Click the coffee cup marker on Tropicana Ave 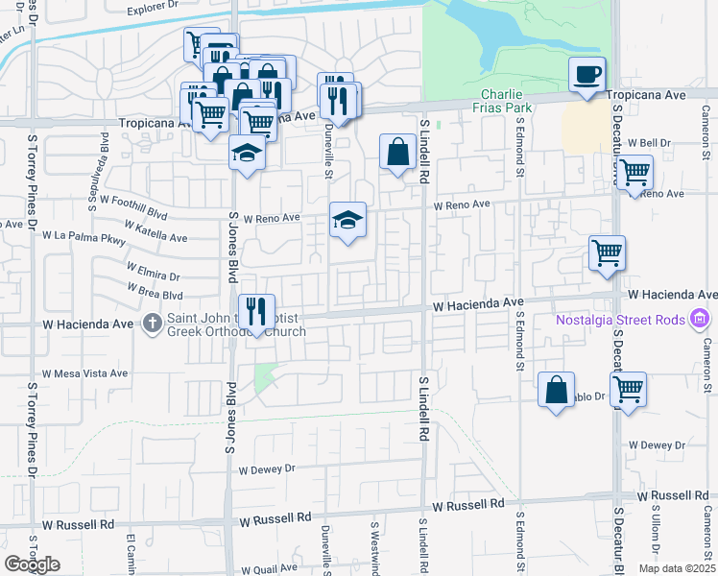point(586,74)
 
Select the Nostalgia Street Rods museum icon point(700,318)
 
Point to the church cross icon point(153,324)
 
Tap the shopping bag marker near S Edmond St point(556,389)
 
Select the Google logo point(32,564)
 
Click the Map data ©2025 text point(676,568)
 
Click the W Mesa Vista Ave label point(84,373)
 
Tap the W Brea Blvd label point(155,292)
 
